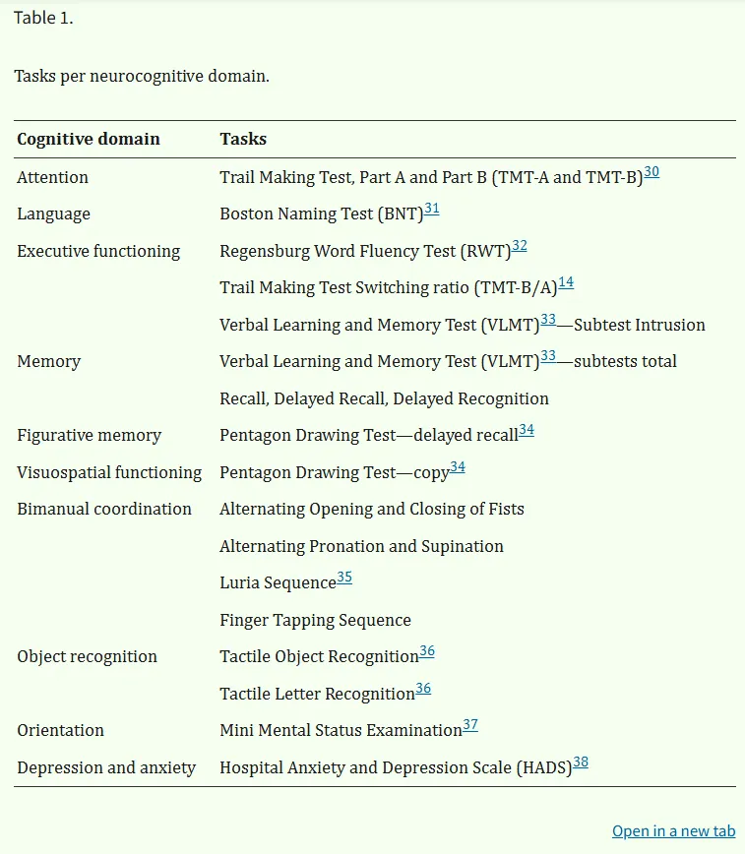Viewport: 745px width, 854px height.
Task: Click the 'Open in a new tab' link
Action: pos(673,831)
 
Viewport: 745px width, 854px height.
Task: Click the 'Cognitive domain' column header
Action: pos(89,140)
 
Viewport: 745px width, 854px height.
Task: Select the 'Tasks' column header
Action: pos(243,140)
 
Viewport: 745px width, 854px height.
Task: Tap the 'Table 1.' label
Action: pos(43,19)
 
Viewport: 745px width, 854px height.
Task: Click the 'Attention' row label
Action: pos(53,177)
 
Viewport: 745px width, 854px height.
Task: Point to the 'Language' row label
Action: pos(54,214)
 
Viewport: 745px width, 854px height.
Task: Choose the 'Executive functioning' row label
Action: pos(98,251)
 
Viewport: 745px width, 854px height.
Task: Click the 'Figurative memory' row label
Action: pos(90,435)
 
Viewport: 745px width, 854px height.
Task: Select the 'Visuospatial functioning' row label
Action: pos(109,472)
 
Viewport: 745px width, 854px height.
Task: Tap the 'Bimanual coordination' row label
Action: pos(104,509)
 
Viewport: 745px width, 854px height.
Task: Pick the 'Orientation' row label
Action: pos(61,730)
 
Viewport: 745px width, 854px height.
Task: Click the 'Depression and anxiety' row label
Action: pos(106,767)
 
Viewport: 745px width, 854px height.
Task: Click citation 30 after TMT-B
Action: pos(652,172)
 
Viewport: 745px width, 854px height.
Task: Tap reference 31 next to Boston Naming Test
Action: pos(431,209)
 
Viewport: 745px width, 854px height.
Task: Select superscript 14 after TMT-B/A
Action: pos(566,282)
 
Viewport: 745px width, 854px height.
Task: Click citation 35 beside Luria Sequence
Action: pos(344,578)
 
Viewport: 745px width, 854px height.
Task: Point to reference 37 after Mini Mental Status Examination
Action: pos(470,725)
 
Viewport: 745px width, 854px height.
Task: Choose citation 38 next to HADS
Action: pos(581,762)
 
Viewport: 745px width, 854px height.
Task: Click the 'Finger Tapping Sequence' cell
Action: pos(315,620)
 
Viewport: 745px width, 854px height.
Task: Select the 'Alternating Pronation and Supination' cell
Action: pos(361,546)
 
